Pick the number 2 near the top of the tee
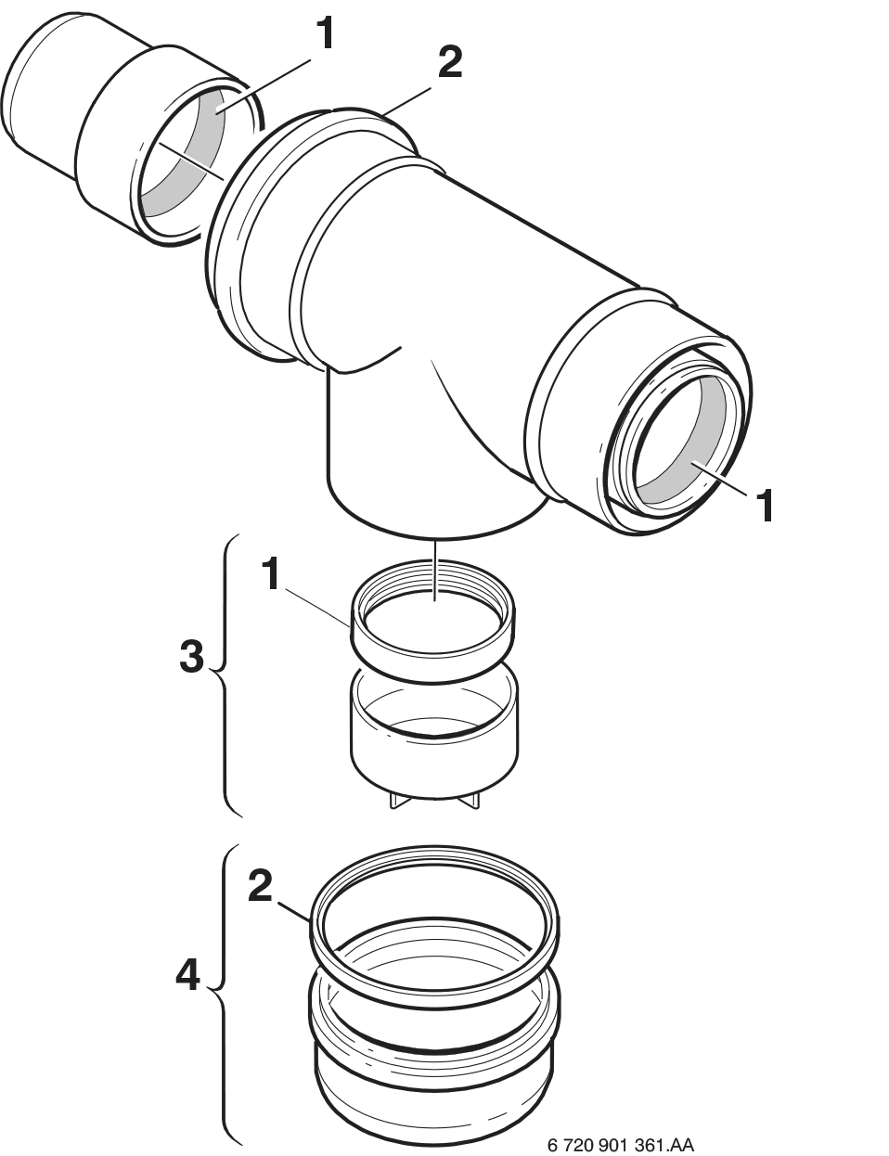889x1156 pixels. coord(449,63)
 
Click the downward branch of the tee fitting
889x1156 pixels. coord(426,452)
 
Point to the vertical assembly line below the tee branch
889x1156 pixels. coord(435,571)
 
